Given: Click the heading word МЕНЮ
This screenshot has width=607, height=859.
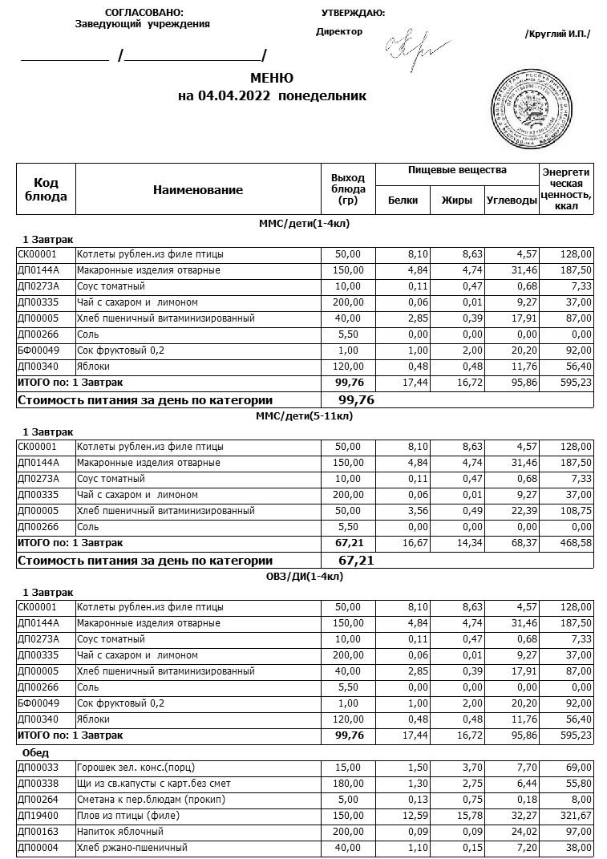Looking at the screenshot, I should tap(272, 78).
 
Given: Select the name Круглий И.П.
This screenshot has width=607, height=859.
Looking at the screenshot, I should tap(557, 34).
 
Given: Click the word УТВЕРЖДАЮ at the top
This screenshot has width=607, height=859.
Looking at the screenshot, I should tap(353, 12).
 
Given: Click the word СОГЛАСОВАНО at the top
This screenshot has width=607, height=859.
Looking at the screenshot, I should tap(144, 12).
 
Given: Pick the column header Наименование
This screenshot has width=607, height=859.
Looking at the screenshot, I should tap(198, 190).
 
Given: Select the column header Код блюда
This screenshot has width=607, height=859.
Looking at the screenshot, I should tap(47, 189).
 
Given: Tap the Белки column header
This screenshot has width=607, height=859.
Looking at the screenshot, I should tap(403, 201).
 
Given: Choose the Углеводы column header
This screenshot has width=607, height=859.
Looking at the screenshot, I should tap(512, 201).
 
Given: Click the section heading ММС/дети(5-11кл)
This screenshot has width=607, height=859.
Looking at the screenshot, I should tap(304, 415).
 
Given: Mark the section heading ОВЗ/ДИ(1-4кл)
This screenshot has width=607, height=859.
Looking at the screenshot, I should tap(304, 576).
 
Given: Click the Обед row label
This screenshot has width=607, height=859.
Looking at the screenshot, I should tap(36, 752).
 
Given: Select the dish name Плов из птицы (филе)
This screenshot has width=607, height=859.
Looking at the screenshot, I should tap(127, 816).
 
